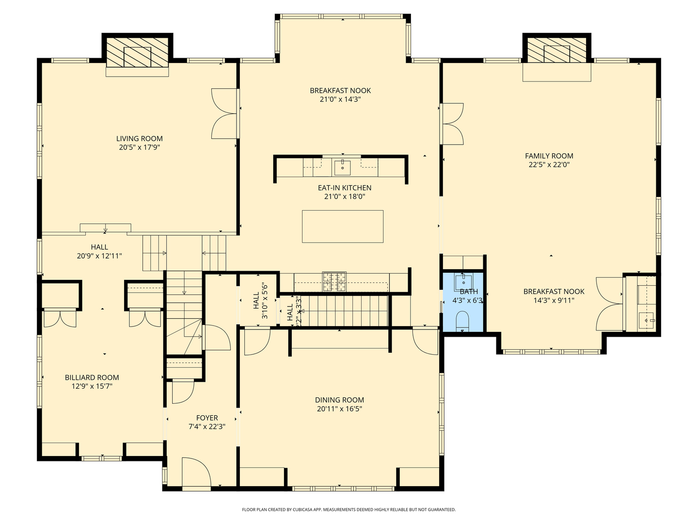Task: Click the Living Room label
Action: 139,139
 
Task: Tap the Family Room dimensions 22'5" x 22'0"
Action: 549,165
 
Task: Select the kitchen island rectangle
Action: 342,226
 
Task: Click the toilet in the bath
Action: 462,321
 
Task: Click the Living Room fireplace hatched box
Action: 137,53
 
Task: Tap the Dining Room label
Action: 339,400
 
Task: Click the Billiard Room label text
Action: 92,377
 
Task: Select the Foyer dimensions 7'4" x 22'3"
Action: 207,427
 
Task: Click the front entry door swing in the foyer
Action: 196,472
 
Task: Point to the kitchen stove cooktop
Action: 334,281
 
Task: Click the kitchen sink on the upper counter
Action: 343,167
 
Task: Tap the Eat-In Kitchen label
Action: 344,188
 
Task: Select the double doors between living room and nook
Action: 224,114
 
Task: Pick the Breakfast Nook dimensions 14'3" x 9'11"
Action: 554,300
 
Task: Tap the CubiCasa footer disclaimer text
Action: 349,509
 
